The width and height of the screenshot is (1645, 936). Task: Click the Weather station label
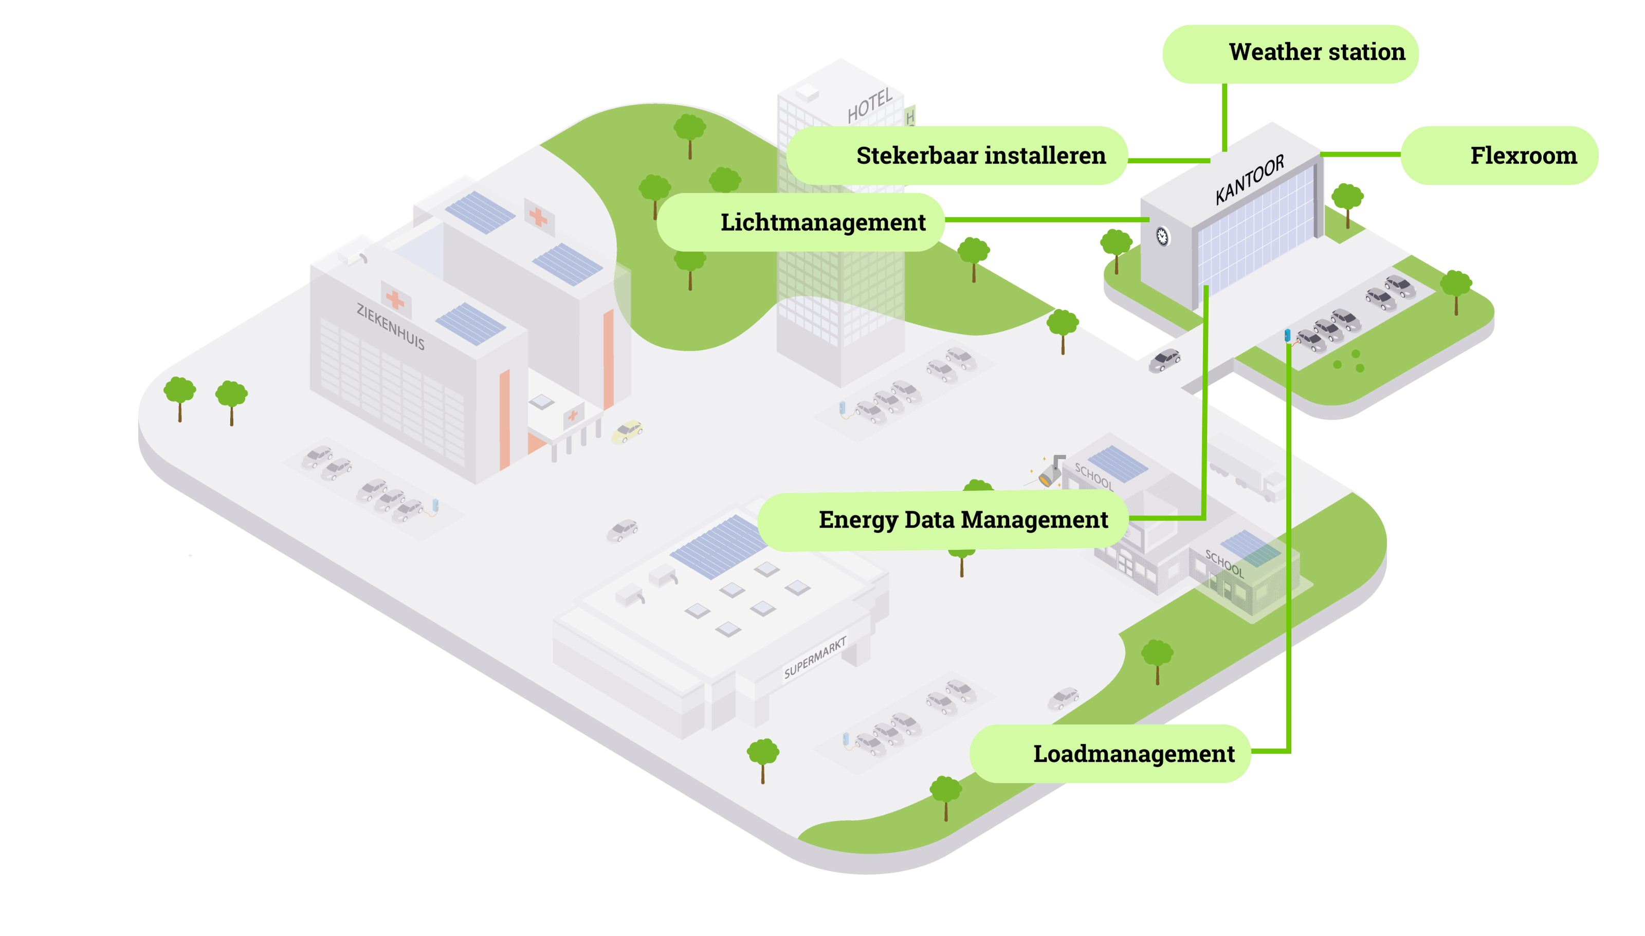tap(1289, 54)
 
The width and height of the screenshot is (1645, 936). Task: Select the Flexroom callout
tap(1499, 156)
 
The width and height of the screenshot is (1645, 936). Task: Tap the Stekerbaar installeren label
tap(957, 156)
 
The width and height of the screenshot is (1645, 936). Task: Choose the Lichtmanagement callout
tap(800, 222)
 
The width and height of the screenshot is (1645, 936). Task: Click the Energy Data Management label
tap(943, 521)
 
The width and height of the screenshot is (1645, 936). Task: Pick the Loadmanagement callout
tap(1110, 754)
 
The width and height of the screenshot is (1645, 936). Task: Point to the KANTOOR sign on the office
tap(1249, 179)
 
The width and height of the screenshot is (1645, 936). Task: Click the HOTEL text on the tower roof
tap(869, 105)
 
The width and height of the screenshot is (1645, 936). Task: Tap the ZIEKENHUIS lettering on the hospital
tap(390, 327)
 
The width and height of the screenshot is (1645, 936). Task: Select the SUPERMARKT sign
tap(815, 658)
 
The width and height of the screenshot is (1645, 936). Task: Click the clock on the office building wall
tap(1162, 237)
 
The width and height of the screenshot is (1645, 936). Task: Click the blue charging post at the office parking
tap(1287, 335)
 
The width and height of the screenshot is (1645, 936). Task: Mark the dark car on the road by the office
tap(1165, 360)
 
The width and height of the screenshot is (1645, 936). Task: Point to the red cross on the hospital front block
tap(395, 299)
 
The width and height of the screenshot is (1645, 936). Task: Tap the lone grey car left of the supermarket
tap(623, 530)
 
